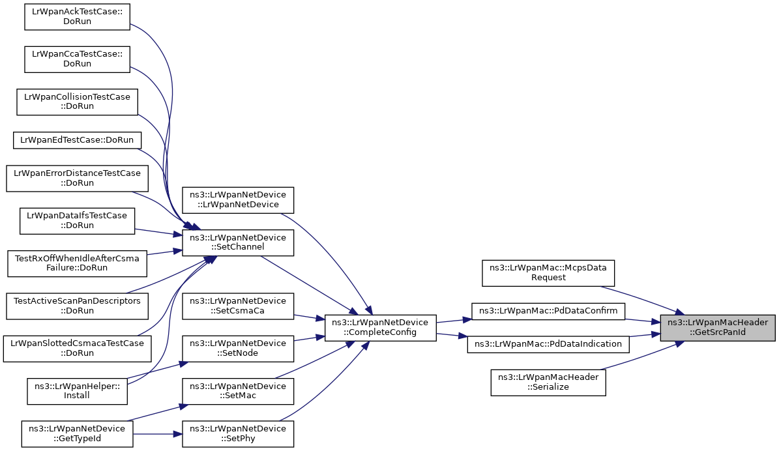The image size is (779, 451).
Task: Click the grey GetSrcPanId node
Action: (x=717, y=328)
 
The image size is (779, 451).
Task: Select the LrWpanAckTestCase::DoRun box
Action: (x=77, y=17)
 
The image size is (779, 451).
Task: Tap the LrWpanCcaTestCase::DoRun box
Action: (x=77, y=59)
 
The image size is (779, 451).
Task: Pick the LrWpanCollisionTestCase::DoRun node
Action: (x=77, y=102)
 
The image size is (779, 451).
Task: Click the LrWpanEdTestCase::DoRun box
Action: (x=77, y=140)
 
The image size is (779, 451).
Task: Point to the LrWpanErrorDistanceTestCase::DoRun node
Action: (x=77, y=179)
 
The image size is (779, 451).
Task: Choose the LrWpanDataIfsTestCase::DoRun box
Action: (x=77, y=221)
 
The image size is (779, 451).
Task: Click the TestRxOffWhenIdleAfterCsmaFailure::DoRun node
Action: (x=77, y=263)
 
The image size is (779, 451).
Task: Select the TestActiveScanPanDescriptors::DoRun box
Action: (x=77, y=306)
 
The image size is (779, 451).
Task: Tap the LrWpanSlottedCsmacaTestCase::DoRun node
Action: (x=77, y=348)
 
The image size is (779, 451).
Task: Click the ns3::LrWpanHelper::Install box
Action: (x=77, y=391)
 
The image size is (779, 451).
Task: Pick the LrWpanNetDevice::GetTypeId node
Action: (x=77, y=433)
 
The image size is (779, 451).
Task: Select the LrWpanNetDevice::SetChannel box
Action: (x=238, y=242)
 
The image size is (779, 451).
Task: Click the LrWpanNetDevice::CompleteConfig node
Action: (x=380, y=328)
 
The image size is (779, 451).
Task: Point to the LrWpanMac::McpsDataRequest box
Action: (x=548, y=272)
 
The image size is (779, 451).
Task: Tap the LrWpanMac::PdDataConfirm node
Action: (x=548, y=311)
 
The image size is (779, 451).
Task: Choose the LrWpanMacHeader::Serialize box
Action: (x=548, y=383)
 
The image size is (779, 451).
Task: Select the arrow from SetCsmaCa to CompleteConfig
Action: (x=309, y=317)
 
